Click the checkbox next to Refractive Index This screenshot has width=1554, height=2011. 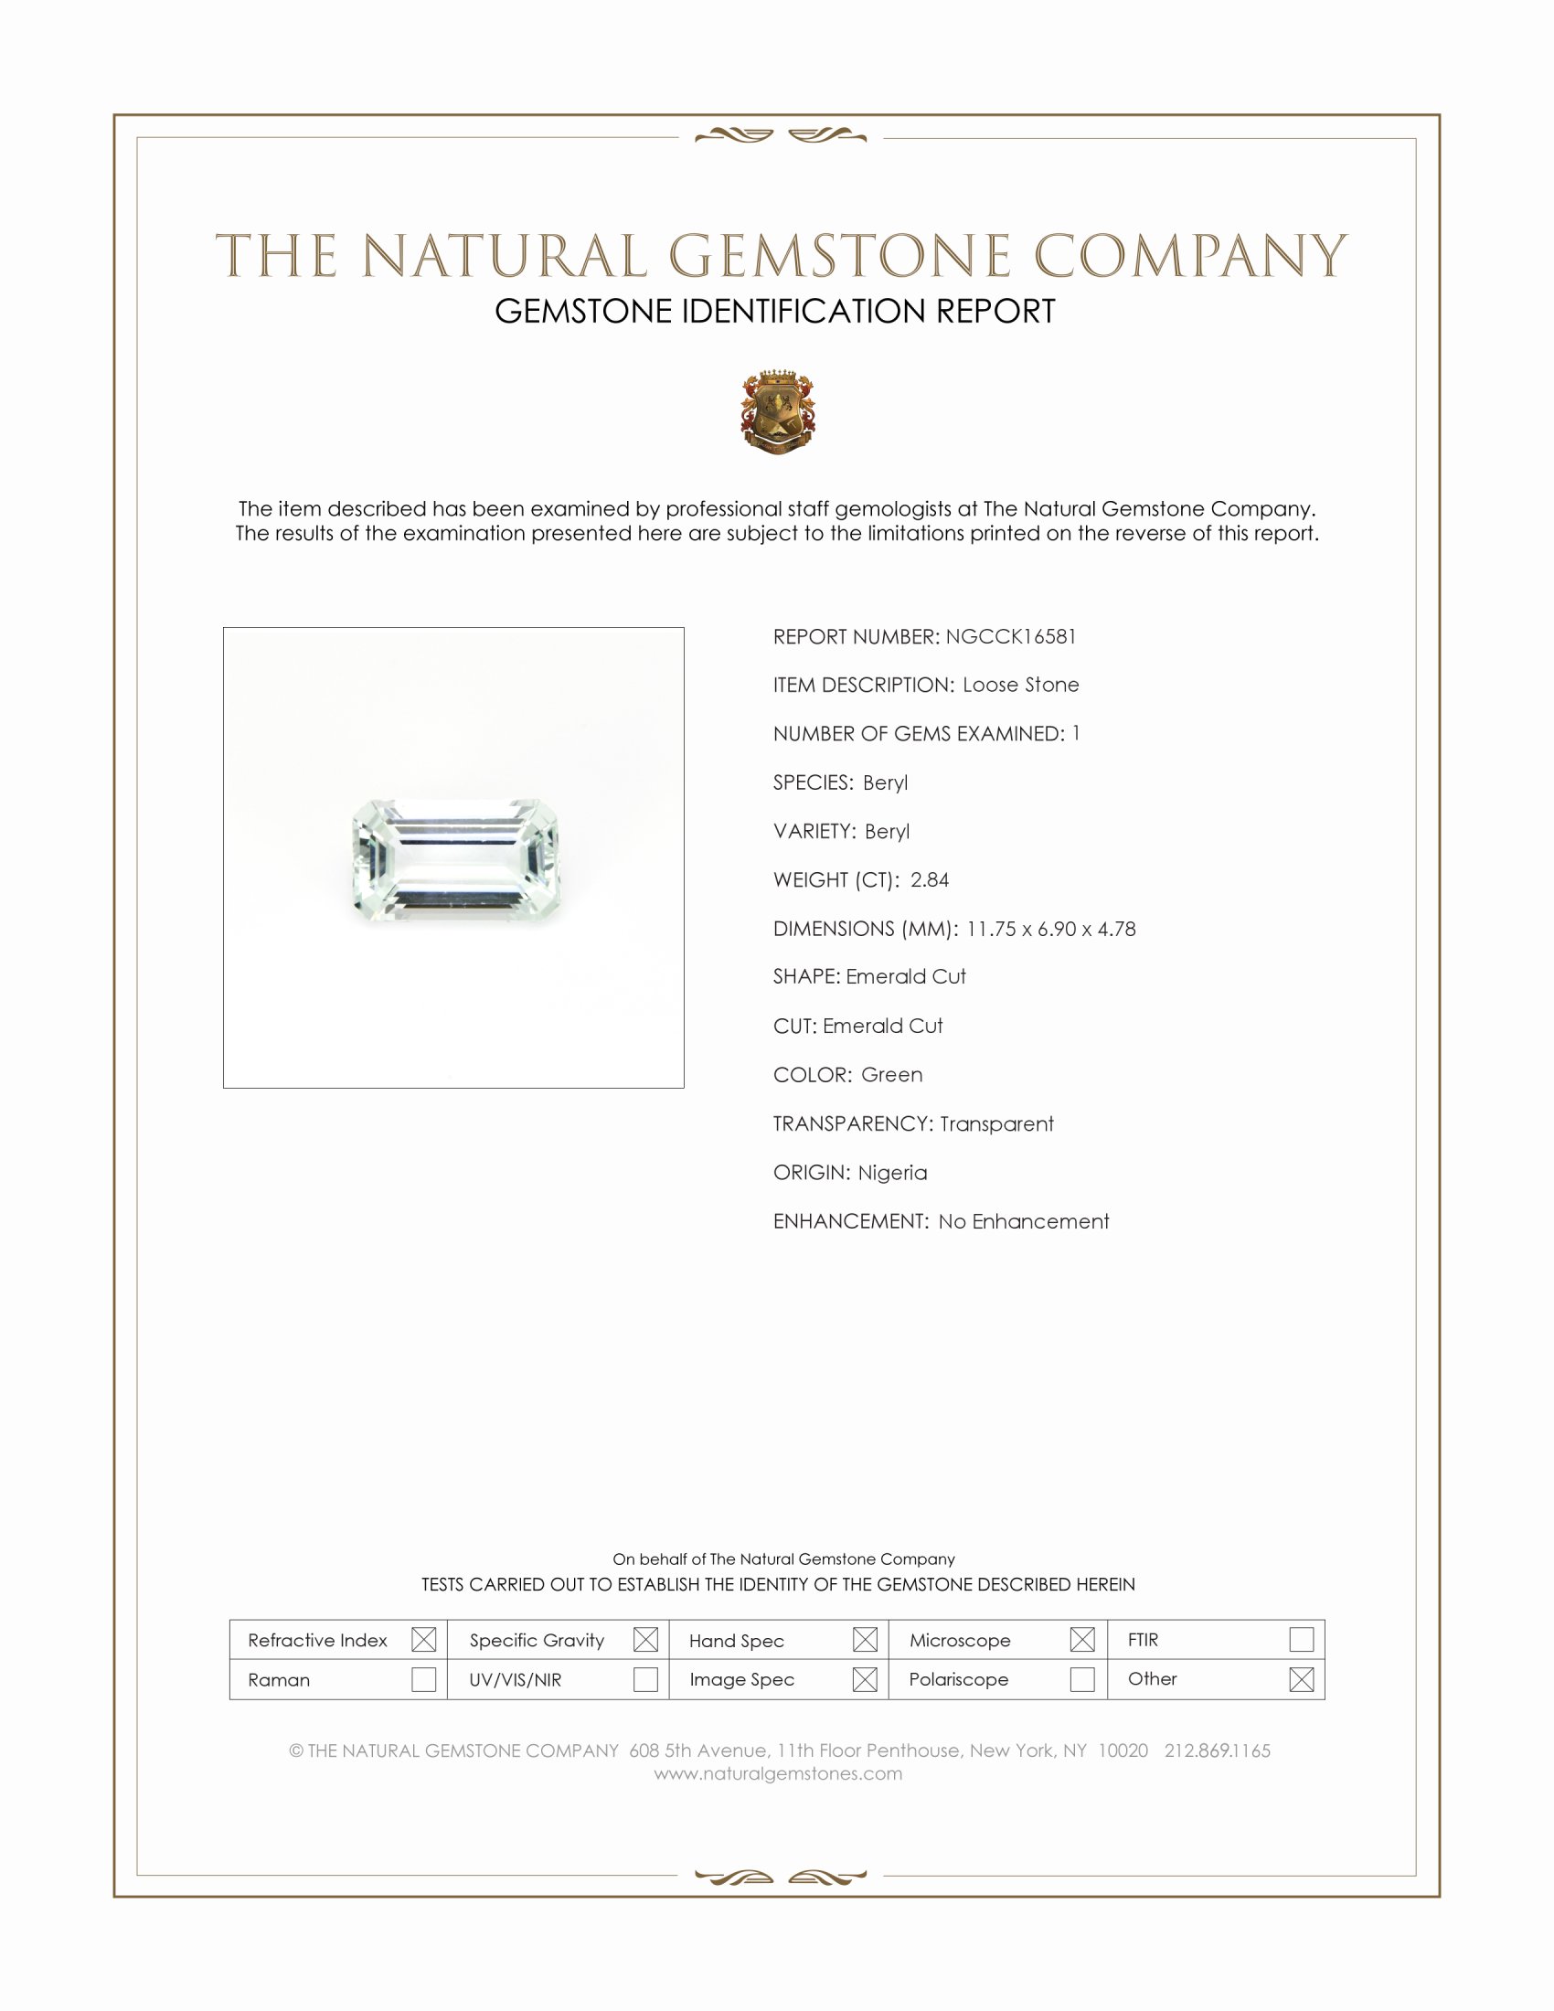coord(423,1639)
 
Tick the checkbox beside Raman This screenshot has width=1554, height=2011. coord(423,1678)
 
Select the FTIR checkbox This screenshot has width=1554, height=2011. coord(1301,1639)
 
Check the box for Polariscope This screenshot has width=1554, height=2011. coord(1082,1678)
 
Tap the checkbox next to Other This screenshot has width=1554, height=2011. coord(1301,1678)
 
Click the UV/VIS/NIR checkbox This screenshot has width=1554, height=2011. coord(645,1678)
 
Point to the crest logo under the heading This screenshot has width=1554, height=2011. coord(778,411)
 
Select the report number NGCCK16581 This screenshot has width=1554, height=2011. coord(1010,636)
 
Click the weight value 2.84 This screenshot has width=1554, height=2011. coord(929,879)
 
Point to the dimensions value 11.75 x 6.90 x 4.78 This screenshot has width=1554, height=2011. coord(1050,928)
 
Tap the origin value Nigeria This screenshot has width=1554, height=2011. coord(892,1172)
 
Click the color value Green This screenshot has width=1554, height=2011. coord(891,1075)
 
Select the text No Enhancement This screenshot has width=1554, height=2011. coord(1023,1221)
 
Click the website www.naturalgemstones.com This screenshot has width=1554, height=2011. coord(778,1773)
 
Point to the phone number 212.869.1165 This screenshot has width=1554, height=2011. coord(1216,1750)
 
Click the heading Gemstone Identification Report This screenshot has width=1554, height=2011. coord(774,311)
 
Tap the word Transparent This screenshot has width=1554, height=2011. coord(996,1123)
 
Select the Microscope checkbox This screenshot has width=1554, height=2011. coord(1082,1639)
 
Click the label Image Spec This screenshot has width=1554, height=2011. coord(741,1679)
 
